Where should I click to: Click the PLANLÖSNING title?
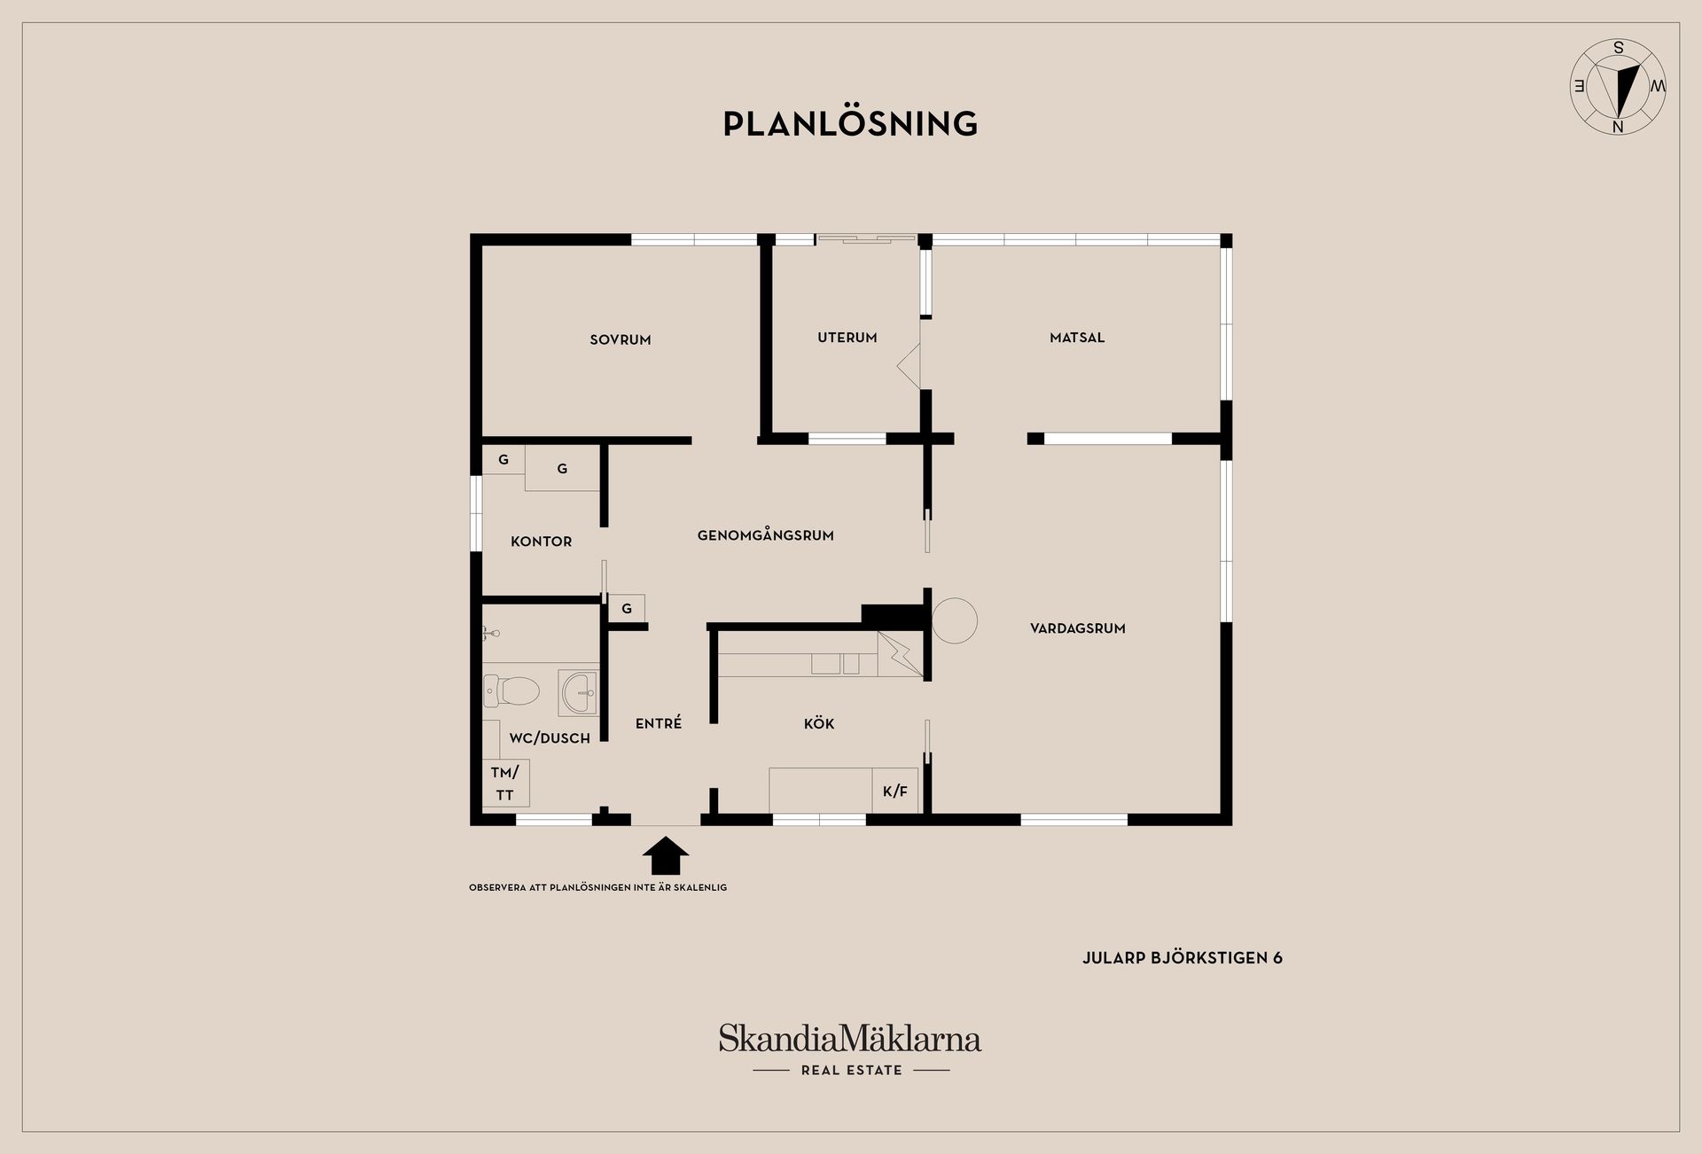point(850,123)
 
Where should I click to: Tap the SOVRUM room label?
point(621,339)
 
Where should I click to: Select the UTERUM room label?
point(847,338)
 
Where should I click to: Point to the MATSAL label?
point(1077,338)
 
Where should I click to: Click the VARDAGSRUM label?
point(1078,628)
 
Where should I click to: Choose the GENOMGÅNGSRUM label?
point(766,535)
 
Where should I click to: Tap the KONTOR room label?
point(542,542)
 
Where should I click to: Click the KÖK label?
point(819,723)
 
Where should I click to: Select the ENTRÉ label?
point(659,723)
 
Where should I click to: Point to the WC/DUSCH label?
point(550,738)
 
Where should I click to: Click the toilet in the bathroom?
point(511,690)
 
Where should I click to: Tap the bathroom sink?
point(579,692)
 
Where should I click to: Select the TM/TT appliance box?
point(505,784)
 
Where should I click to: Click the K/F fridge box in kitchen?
point(895,791)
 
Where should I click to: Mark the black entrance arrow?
point(666,856)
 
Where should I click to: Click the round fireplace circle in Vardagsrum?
point(955,620)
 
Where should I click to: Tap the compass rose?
point(1618,87)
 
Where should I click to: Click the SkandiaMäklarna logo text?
point(850,1039)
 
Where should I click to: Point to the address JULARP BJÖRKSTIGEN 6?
point(1183,958)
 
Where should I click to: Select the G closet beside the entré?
point(627,609)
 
